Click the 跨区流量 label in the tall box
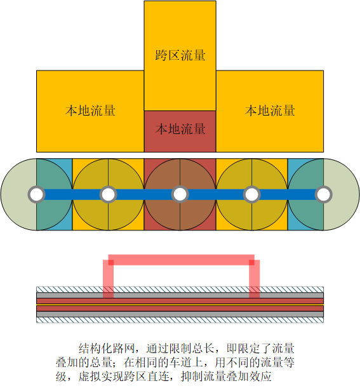click(x=180, y=55)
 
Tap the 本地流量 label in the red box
click(x=180, y=129)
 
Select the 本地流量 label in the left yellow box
click(x=90, y=110)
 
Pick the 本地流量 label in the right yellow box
click(x=270, y=110)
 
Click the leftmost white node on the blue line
click(x=37, y=194)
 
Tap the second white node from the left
click(x=108, y=194)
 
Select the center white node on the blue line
click(x=180, y=194)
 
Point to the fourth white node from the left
click(x=251, y=194)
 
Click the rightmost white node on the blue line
click(x=323, y=194)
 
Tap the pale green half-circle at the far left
click(x=18, y=194)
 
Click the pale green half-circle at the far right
click(x=342, y=194)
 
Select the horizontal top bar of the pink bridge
click(x=182, y=260)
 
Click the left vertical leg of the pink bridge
click(x=109, y=279)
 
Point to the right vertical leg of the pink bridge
click(x=255, y=279)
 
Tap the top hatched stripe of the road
click(x=180, y=290)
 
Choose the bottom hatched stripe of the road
click(x=180, y=320)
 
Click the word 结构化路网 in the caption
click(x=107, y=349)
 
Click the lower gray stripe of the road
click(x=180, y=314)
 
